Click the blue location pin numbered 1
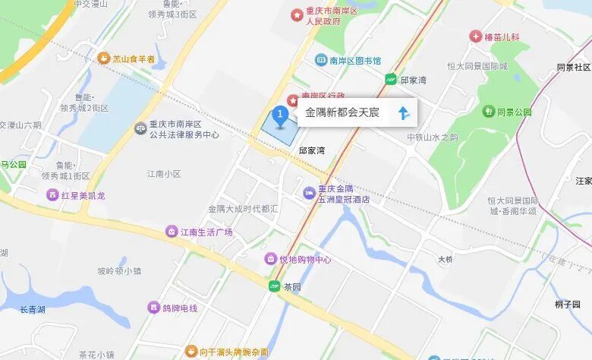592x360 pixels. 279,116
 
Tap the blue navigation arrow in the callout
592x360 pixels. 403,114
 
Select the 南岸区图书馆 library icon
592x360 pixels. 321,61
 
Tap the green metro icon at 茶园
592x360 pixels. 274,286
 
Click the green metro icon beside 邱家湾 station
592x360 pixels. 391,79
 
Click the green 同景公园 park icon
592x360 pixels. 488,112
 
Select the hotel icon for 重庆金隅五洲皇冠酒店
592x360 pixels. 309,194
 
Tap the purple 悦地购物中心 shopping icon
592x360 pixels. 270,260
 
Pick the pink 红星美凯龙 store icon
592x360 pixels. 52,195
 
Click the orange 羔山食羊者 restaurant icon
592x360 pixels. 103,58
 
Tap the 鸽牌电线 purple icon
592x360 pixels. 154,308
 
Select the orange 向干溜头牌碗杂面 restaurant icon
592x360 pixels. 191,352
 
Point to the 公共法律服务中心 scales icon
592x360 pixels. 140,129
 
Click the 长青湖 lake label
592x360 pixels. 33,309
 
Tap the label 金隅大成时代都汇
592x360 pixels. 244,208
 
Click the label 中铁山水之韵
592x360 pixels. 432,137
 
